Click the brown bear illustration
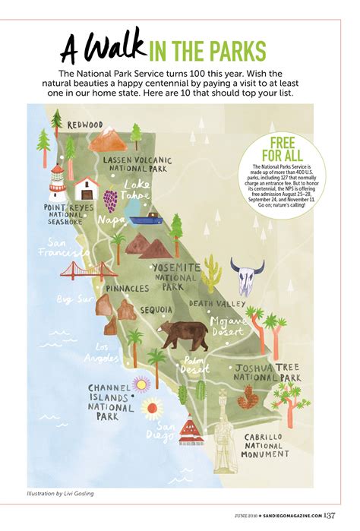184,333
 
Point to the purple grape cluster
111,201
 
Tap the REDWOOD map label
85,125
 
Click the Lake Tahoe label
138,189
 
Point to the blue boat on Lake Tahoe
145,218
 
